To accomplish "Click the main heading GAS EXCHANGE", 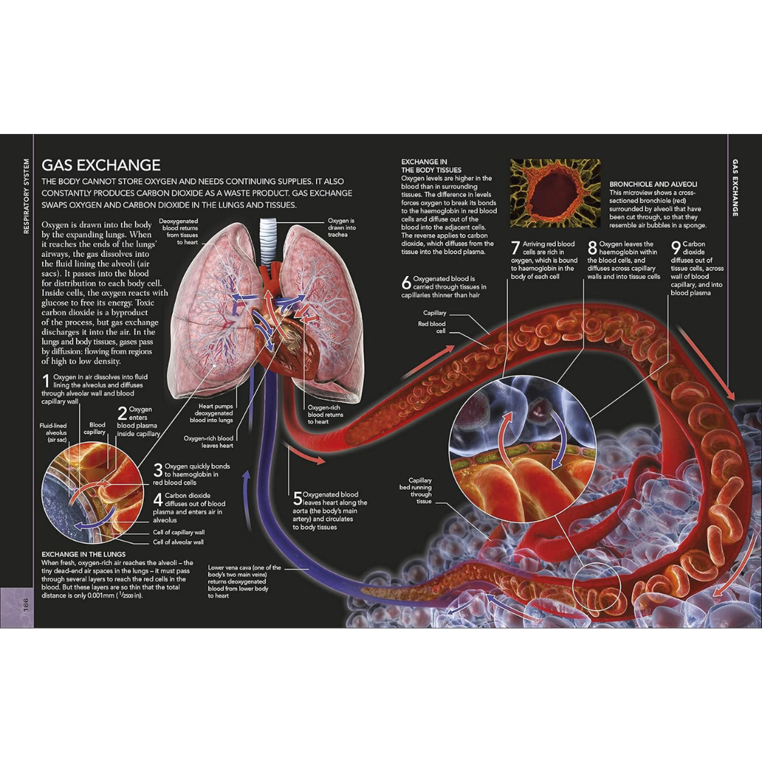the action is click(x=101, y=165).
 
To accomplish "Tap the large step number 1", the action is click(x=46, y=383).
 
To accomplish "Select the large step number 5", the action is click(x=297, y=499).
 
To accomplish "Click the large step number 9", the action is click(x=675, y=248).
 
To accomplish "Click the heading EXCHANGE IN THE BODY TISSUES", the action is click(x=431, y=166).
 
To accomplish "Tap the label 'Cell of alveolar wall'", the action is click(x=179, y=542).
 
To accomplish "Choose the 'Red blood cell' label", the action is click(x=433, y=327).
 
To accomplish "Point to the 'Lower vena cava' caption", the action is click(x=244, y=581).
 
